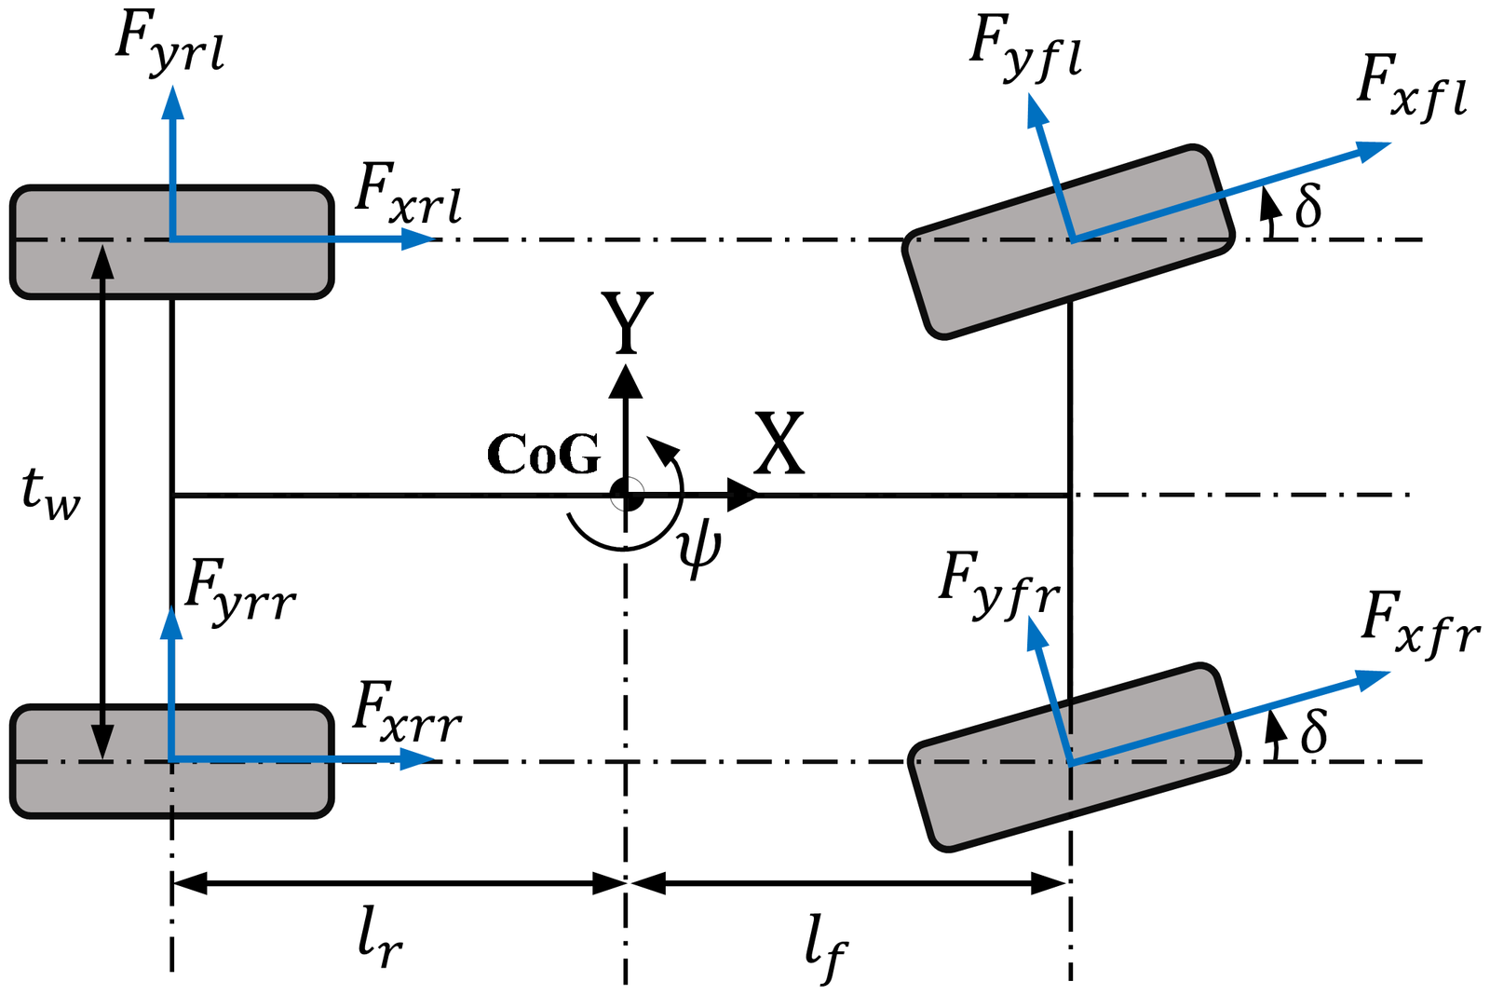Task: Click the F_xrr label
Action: point(407,713)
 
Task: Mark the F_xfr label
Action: point(1421,624)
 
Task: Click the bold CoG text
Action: point(544,454)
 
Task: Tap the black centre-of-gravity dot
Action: point(626,495)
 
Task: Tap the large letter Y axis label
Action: point(627,322)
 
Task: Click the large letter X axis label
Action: point(779,443)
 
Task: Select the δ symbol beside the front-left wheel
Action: point(1307,206)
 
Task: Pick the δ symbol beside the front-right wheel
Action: point(1313,730)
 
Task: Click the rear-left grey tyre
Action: point(171,241)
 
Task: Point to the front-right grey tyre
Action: point(1075,757)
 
